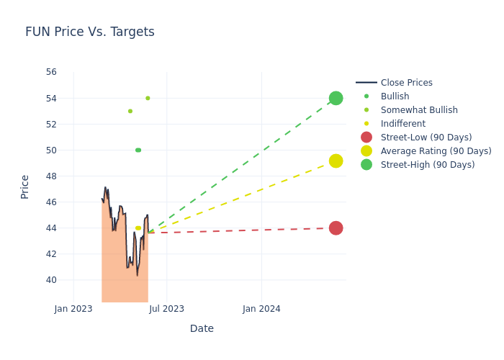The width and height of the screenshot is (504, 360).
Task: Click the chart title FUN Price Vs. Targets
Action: click(x=90, y=32)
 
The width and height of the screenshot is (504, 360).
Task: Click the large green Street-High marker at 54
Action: click(x=336, y=98)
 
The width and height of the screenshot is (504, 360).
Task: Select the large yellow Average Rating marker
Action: click(x=336, y=161)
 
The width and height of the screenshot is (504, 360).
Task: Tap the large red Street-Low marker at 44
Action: click(x=336, y=228)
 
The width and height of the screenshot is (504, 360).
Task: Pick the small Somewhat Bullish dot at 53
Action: click(x=130, y=111)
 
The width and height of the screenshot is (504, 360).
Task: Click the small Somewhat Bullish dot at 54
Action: click(x=148, y=98)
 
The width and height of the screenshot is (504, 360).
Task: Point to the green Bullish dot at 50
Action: click(x=138, y=150)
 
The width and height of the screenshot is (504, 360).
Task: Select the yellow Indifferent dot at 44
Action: click(x=138, y=228)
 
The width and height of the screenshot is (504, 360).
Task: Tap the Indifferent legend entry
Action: click(x=402, y=124)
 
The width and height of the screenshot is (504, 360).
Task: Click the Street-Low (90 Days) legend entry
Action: click(x=426, y=138)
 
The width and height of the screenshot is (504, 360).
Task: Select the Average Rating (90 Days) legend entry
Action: click(x=436, y=151)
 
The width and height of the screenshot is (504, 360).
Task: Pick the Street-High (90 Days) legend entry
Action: click(x=428, y=165)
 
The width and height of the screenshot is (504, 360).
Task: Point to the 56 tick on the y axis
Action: click(x=51, y=72)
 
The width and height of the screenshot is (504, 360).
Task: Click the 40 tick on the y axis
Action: click(x=51, y=280)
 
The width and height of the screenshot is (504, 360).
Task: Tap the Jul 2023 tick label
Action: click(x=166, y=309)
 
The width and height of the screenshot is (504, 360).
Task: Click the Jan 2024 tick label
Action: click(x=261, y=309)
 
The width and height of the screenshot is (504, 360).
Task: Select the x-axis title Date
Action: click(x=202, y=328)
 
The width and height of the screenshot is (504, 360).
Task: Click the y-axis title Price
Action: click(x=25, y=186)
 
